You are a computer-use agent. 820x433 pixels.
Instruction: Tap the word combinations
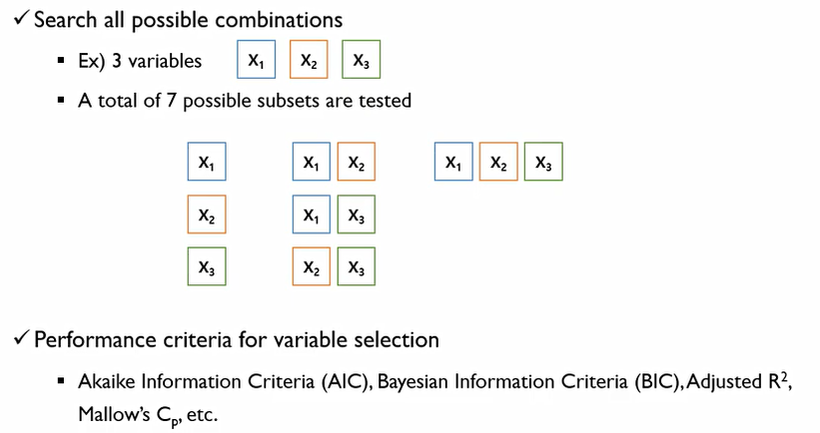coord(285,21)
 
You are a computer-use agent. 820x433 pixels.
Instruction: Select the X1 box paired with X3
coord(311,215)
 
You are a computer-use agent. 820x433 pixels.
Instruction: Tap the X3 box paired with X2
coord(355,267)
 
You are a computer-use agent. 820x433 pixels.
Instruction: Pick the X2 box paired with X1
coord(355,163)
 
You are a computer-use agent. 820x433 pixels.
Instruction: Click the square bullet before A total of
coord(62,102)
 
